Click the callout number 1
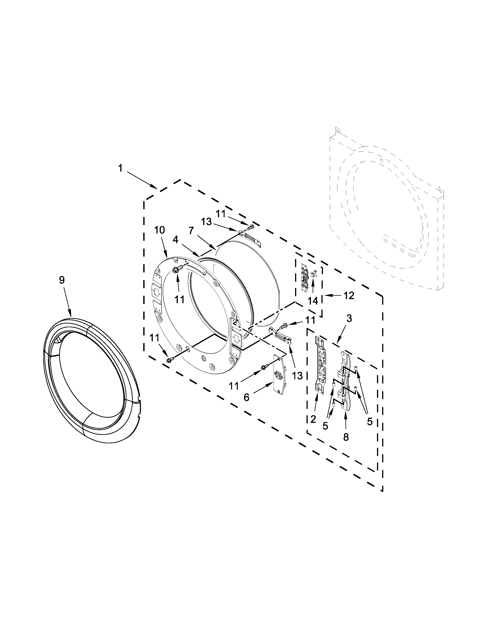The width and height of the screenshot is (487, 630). (120, 168)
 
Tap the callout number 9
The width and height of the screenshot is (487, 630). (62, 280)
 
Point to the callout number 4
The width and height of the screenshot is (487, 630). (176, 239)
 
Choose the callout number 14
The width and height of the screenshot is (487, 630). (313, 301)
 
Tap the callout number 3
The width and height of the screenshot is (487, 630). (349, 319)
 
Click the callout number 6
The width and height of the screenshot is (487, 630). (246, 397)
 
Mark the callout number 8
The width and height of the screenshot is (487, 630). (346, 437)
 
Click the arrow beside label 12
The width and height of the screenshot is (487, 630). (332, 295)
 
